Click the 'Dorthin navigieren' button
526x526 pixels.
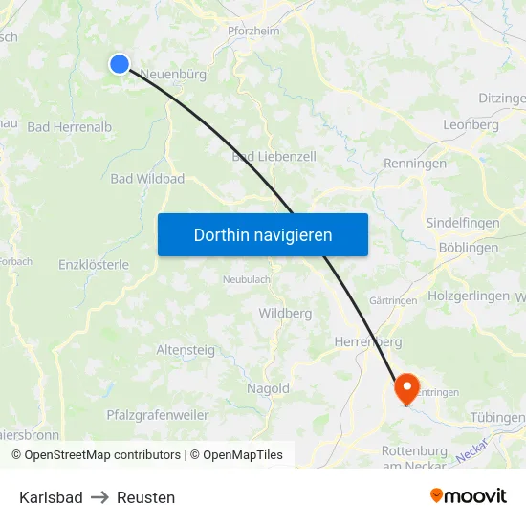pos(263,234)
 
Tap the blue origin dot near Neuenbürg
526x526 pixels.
pos(120,64)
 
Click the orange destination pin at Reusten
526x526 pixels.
pos(406,387)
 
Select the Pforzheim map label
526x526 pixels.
pos(252,31)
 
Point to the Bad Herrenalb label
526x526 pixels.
pos(70,126)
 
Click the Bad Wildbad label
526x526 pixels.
pos(147,179)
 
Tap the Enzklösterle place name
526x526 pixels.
pos(94,264)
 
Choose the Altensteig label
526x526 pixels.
pos(186,350)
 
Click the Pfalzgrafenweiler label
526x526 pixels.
pos(157,415)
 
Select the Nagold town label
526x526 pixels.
pos(268,388)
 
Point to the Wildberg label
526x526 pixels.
pos(285,313)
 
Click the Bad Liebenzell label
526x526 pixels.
pos(274,156)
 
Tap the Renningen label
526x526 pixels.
pos(415,164)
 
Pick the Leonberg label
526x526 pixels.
pos(471,125)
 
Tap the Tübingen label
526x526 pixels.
pos(497,418)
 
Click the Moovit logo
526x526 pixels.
pos(468,495)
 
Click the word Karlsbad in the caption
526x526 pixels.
pos(51,497)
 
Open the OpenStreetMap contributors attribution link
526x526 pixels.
pos(102,455)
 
